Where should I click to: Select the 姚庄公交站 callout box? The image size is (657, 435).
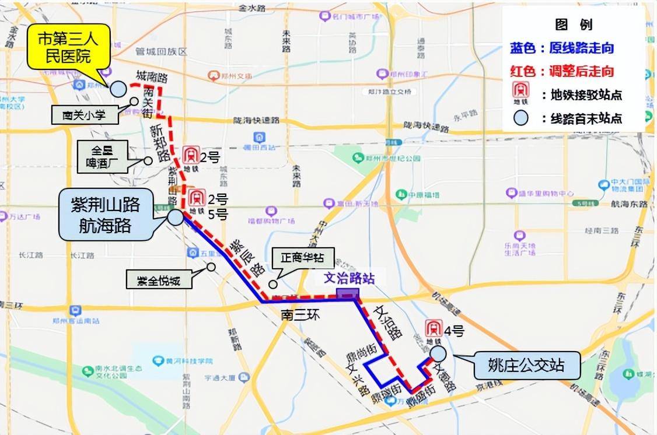[526, 366]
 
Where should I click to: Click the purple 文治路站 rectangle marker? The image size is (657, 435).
[348, 294]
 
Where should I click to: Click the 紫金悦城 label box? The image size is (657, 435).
[159, 280]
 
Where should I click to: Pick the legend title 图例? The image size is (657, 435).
[573, 24]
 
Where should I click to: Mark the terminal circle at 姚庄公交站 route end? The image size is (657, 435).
[438, 353]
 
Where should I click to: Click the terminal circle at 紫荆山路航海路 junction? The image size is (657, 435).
[174, 217]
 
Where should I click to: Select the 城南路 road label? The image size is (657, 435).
[151, 76]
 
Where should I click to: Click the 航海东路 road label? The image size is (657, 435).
[630, 205]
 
